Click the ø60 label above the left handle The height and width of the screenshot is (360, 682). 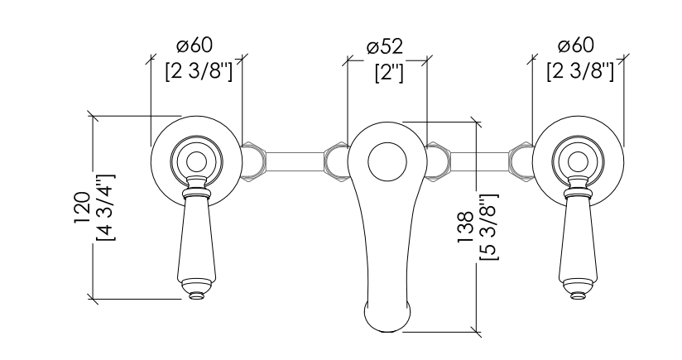tap(195, 46)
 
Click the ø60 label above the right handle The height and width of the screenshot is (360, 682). tap(576, 46)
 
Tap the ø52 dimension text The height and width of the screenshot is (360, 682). tap(385, 47)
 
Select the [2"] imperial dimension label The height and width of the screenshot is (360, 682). tap(389, 73)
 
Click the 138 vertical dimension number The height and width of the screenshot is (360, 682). tap(465, 227)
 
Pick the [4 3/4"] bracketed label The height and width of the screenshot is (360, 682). tap(106, 207)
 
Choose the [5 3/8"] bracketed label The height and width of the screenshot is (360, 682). tap(489, 227)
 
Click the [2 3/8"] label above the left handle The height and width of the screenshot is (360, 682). tap(199, 71)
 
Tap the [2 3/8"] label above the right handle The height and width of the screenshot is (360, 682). tap(580, 71)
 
